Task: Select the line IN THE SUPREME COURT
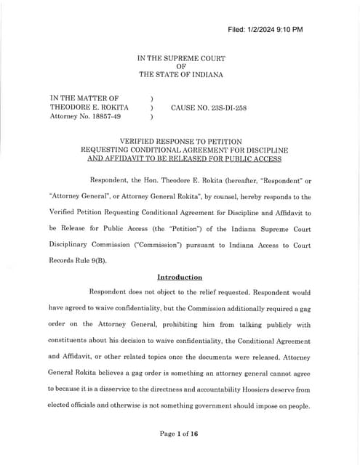coord(181,57)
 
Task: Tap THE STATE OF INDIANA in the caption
coord(181,75)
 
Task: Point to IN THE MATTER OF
coord(84,97)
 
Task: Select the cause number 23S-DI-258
coord(209,108)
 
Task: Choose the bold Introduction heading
coord(180,277)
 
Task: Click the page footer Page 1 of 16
coord(180,434)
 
